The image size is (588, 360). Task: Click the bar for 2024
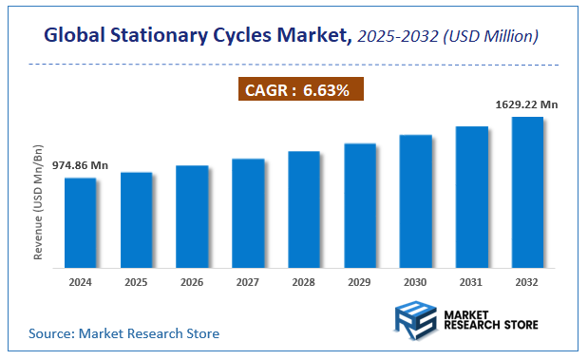(80, 221)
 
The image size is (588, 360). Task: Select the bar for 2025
(136, 218)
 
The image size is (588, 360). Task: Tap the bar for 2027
(248, 212)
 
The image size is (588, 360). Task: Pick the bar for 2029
(360, 204)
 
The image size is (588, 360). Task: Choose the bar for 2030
(416, 199)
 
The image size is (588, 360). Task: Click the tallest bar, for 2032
(527, 191)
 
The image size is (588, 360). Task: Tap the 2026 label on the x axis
(192, 282)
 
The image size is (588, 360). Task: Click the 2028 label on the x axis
(304, 282)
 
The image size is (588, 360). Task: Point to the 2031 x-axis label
(472, 282)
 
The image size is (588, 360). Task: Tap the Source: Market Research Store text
(123, 333)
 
